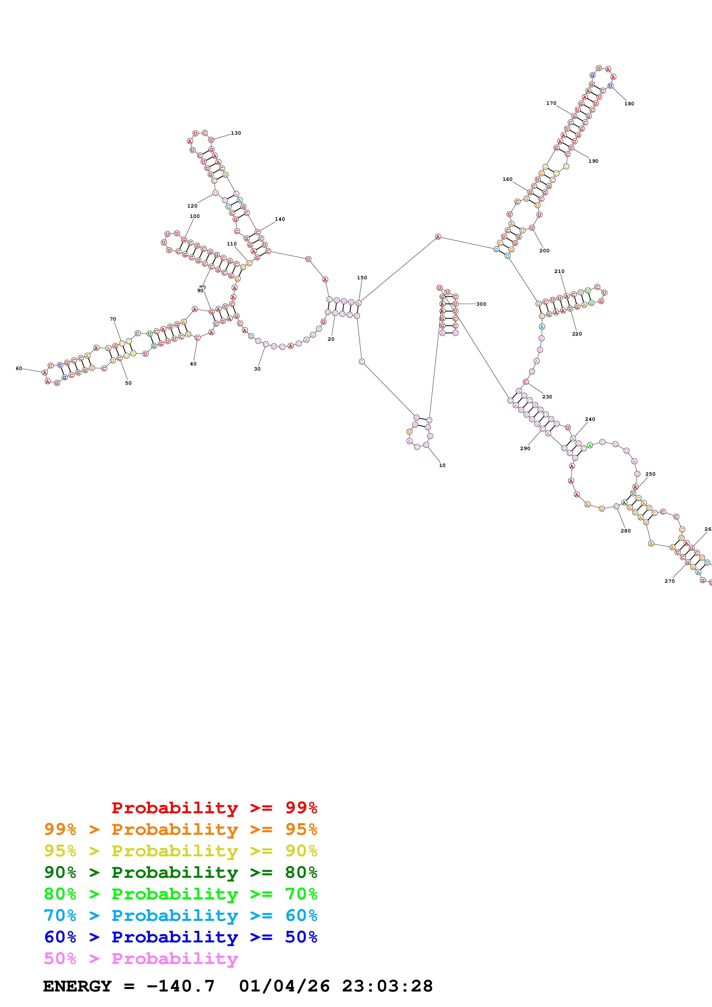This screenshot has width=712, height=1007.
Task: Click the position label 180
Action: click(629, 104)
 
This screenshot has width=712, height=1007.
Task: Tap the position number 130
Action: click(236, 133)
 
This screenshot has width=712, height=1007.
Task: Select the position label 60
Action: click(19, 368)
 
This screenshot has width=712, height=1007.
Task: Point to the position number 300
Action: click(481, 304)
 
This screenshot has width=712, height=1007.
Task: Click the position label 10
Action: click(442, 465)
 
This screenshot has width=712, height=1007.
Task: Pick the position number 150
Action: click(362, 278)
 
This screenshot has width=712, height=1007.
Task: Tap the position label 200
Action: click(544, 250)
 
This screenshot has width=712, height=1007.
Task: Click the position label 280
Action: click(626, 531)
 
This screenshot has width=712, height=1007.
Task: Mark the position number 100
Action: click(195, 216)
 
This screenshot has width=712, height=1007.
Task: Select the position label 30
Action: click(257, 369)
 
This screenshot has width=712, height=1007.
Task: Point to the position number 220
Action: click(577, 334)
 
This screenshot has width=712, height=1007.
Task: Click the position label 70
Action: click(113, 319)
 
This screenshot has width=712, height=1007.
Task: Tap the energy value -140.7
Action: click(180, 986)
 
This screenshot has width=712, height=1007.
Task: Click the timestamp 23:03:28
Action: click(387, 986)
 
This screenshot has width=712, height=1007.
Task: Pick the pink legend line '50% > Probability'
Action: click(141, 958)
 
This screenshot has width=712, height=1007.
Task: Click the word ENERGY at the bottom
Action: click(77, 986)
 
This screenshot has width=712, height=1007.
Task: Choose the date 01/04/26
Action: click(284, 986)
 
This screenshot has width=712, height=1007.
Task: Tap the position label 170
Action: click(551, 103)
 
